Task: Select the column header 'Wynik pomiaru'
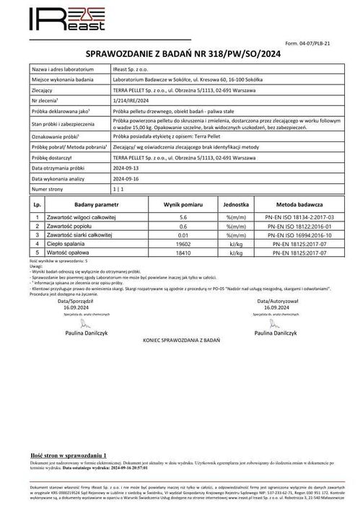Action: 183,204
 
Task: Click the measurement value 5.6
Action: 183,216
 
